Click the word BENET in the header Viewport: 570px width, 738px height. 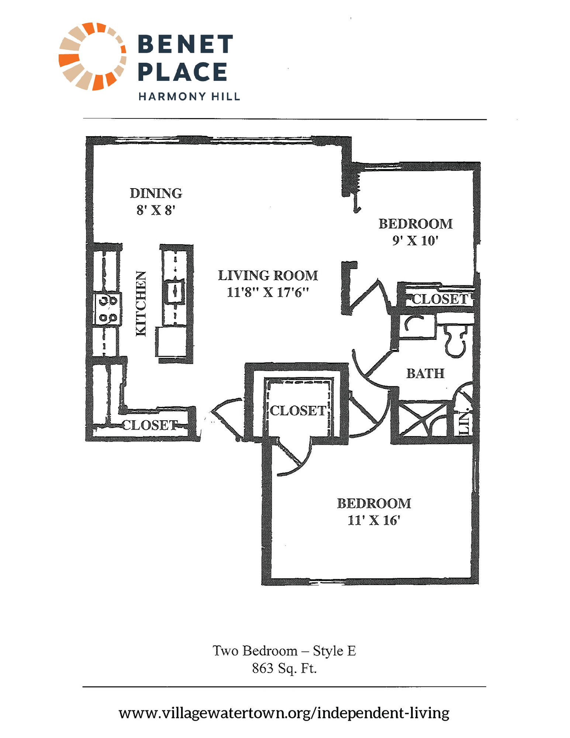click(x=185, y=44)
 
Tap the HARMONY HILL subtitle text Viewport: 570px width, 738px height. click(x=189, y=96)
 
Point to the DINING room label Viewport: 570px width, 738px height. click(x=156, y=193)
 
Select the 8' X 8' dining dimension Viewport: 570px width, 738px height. click(x=156, y=210)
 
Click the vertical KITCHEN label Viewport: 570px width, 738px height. click(x=141, y=303)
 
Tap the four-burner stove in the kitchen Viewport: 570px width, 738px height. click(x=107, y=309)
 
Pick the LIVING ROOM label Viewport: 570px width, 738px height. click(x=268, y=275)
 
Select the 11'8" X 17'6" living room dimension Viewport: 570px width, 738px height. click(x=267, y=292)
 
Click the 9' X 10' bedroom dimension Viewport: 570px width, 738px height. click(x=415, y=241)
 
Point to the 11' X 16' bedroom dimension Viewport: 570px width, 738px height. click(x=374, y=520)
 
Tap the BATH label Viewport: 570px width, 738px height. click(x=425, y=373)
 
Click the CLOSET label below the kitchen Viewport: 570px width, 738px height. click(x=150, y=425)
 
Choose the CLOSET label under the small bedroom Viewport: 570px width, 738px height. click(x=440, y=299)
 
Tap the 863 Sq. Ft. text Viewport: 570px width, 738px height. click(x=284, y=668)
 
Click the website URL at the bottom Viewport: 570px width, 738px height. click(x=284, y=713)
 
